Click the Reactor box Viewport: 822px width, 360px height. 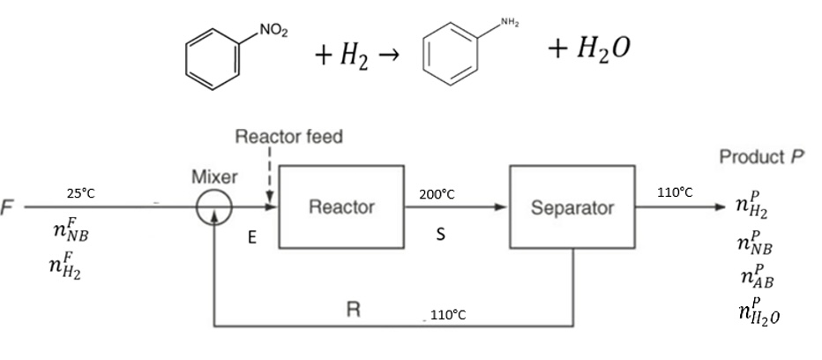click(x=341, y=208)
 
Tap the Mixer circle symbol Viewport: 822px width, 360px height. click(x=213, y=208)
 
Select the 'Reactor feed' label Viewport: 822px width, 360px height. click(x=288, y=138)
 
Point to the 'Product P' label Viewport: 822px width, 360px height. click(x=763, y=158)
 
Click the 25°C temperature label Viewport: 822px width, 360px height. click(x=81, y=192)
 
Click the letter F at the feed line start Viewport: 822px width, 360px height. click(x=8, y=208)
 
